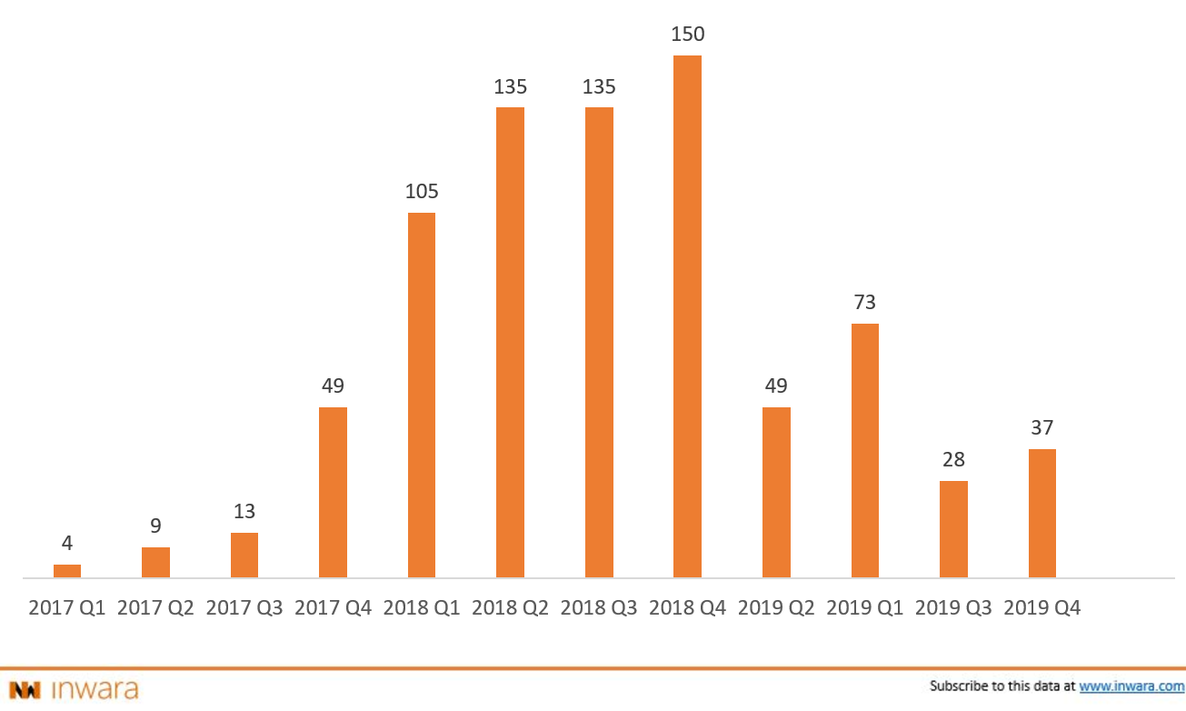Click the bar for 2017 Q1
(67, 571)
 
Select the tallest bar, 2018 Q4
(687, 316)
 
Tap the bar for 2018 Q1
(422, 396)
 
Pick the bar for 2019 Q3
(953, 529)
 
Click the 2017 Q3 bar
(244, 555)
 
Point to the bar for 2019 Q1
(865, 451)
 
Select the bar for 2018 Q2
(510, 343)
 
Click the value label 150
(688, 35)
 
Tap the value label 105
(422, 192)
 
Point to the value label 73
(865, 303)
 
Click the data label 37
(1042, 427)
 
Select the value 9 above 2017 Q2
(155, 526)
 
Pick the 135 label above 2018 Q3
(599, 87)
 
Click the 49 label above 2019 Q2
(776, 386)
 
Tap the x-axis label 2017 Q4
(334, 607)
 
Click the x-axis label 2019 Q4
(1042, 607)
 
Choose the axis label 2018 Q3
(599, 607)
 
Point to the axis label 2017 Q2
(155, 607)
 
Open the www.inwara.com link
(1131, 686)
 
